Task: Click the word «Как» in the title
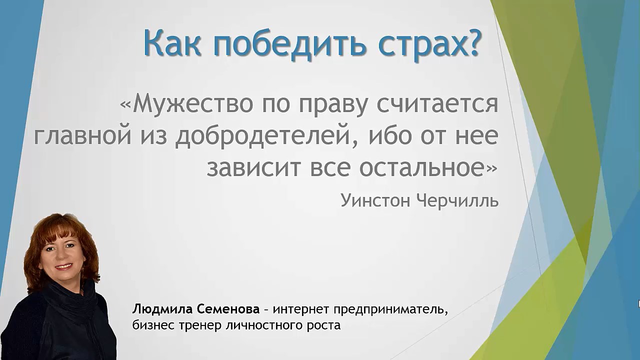click(x=172, y=43)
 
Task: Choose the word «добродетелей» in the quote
click(x=263, y=136)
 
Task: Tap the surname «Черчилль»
click(x=457, y=200)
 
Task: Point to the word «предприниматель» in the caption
click(x=390, y=309)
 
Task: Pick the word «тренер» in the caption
click(x=199, y=325)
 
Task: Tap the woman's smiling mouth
click(x=63, y=266)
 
